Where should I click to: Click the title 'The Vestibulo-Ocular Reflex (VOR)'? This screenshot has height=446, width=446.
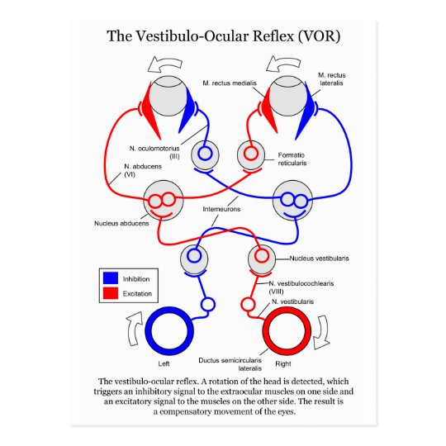pyautogui.click(x=223, y=37)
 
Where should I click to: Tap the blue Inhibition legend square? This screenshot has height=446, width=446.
pyautogui.click(x=111, y=278)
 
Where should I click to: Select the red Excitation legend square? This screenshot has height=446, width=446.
pyautogui.click(x=111, y=293)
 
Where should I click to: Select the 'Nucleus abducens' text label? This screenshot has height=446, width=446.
pyautogui.click(x=120, y=223)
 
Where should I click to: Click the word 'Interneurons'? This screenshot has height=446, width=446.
pyautogui.click(x=221, y=209)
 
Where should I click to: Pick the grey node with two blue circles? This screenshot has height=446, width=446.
pyautogui.click(x=293, y=200)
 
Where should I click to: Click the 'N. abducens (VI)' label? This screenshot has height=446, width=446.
pyautogui.click(x=117, y=170)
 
